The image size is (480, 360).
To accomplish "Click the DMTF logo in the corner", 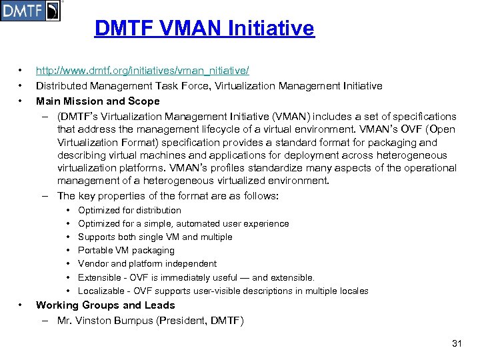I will pos(30,11).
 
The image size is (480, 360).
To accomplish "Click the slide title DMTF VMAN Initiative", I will pos(204,29).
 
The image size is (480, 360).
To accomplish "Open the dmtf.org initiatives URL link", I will pos(142,70).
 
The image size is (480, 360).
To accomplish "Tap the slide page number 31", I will pos(457,343).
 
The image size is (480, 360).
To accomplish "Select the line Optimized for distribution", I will pos(129,211).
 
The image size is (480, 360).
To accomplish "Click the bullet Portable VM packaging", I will pos(126,251).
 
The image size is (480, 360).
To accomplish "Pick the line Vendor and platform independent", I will pos(147,264).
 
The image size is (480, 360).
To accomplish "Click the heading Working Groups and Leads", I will pos(105,305).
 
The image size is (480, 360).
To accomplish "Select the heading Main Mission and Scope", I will pos(98,101).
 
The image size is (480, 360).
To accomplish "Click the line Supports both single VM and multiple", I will pos(155,237).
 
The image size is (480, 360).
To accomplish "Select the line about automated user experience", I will pos(183,224).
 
